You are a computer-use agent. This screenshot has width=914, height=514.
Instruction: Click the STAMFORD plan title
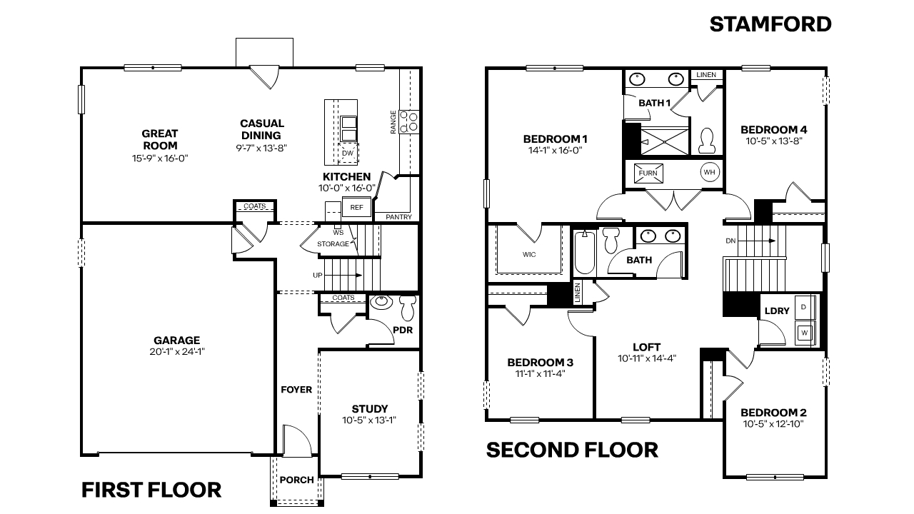click(770, 24)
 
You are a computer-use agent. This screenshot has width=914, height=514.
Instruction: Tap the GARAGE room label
click(176, 341)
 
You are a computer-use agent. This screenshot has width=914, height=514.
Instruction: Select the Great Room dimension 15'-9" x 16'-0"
click(159, 158)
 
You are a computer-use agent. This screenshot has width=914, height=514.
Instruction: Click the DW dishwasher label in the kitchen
click(348, 153)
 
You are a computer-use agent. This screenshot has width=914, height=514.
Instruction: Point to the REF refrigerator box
click(356, 208)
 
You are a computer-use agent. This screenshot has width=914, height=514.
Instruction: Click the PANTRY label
click(398, 216)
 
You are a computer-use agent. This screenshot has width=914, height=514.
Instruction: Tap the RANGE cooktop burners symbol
click(409, 121)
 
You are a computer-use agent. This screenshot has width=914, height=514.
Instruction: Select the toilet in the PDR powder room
click(407, 308)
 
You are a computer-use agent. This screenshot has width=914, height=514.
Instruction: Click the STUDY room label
click(370, 409)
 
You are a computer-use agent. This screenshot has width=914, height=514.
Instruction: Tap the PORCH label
click(296, 480)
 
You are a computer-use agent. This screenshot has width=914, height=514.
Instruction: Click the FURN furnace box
click(648, 173)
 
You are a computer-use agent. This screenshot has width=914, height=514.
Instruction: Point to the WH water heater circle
click(709, 172)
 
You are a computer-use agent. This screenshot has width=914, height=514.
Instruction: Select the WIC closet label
click(529, 254)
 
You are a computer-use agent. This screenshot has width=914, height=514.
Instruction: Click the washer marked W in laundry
click(805, 332)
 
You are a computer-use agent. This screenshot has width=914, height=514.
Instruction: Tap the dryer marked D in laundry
click(804, 307)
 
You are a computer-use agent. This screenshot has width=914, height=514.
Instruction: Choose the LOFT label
click(646, 348)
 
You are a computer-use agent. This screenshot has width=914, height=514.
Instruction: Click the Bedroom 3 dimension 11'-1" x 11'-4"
click(540, 373)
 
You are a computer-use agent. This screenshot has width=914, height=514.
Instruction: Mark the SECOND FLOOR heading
click(572, 450)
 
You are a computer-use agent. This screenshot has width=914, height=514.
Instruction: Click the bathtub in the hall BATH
click(583, 251)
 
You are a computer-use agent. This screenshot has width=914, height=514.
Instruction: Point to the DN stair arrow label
click(730, 241)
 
